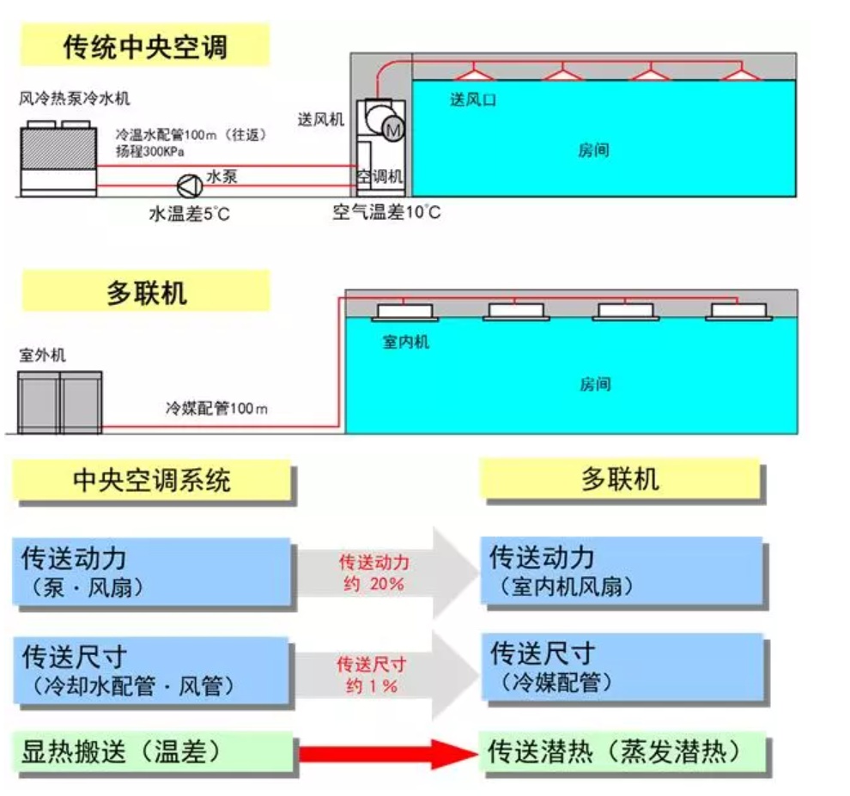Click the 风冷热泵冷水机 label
point(76,99)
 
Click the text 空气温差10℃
point(386,212)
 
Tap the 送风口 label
point(473,100)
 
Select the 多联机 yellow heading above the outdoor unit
point(146,293)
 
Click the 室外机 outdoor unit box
point(60,401)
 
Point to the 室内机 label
point(405,343)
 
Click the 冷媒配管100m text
point(216,409)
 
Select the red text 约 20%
point(374,584)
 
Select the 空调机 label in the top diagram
point(379,176)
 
